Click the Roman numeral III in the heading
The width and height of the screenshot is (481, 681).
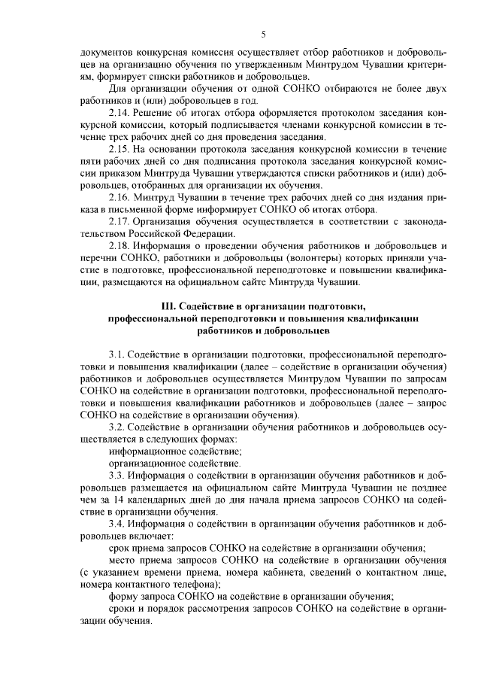pyautogui.click(x=168, y=306)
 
